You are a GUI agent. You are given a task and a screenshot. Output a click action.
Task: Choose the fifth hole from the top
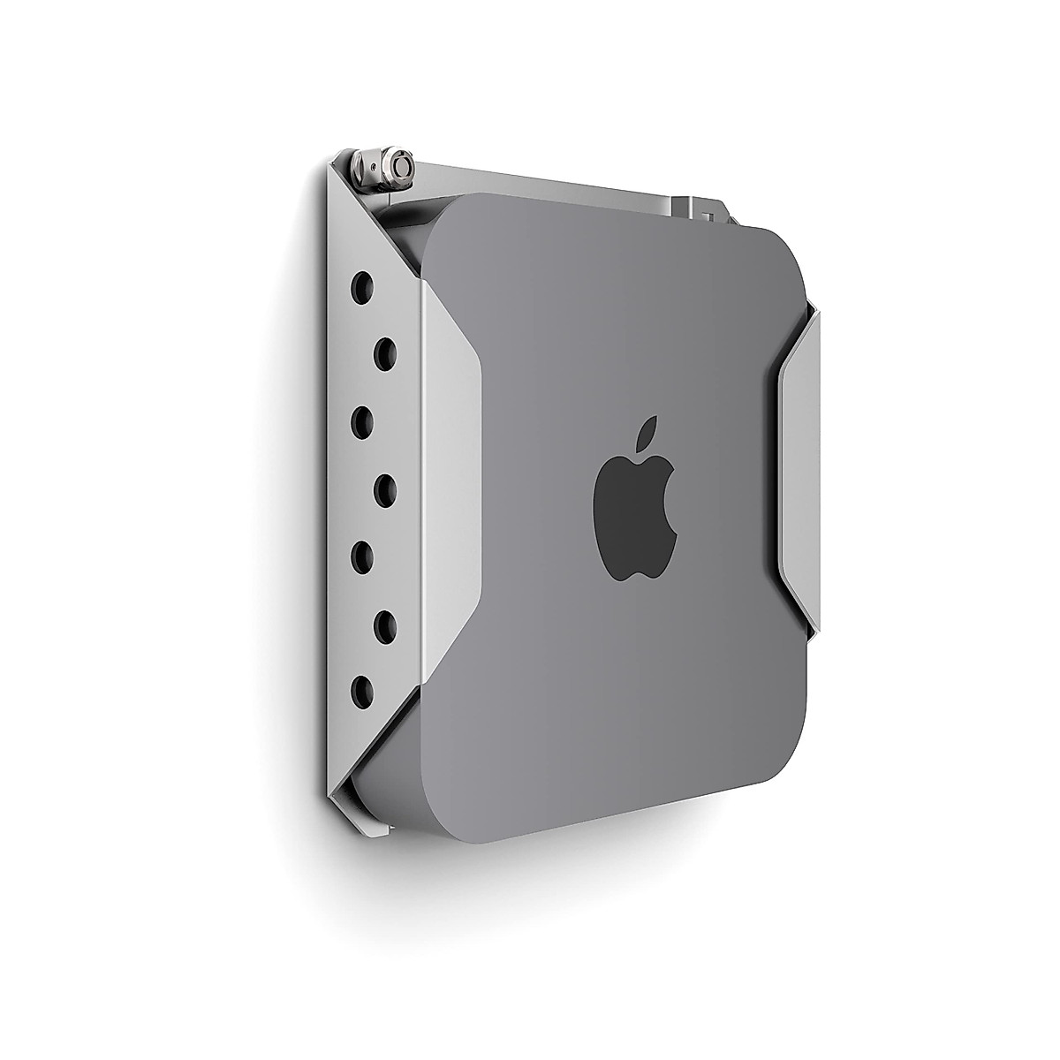point(362,555)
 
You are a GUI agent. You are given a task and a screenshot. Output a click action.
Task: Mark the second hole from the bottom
point(384,623)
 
